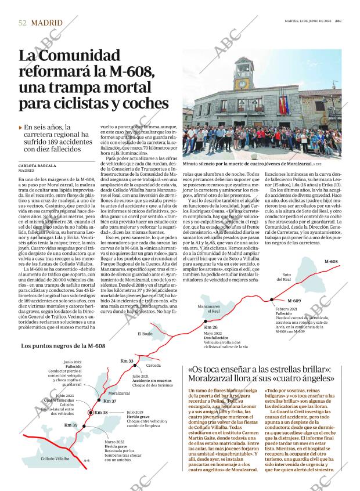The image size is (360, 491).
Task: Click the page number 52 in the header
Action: pos(22,23)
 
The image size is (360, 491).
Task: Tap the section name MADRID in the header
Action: pos(46,23)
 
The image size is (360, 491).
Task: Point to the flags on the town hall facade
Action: pos(283,104)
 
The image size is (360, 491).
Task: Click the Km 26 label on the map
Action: pos(211,327)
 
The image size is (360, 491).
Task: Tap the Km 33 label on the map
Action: pos(127,361)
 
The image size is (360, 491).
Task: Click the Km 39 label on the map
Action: pos(71,425)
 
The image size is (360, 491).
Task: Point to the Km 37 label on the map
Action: pos(110,401)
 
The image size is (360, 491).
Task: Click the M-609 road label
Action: pos(293,301)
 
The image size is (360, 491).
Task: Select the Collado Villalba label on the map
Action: pos(55,458)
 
